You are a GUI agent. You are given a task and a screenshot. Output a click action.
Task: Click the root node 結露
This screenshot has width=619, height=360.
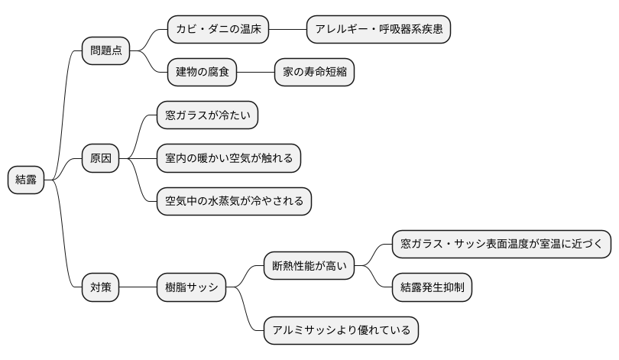coord(26,180)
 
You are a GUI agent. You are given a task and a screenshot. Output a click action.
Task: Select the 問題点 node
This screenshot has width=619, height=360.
coord(105,51)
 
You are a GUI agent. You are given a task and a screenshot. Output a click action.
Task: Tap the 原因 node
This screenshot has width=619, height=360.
coord(100,158)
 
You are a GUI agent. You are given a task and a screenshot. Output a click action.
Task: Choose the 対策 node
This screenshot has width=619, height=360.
coord(100,288)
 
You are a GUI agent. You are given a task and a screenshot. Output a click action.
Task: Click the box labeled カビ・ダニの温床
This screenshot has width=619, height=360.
coord(218,30)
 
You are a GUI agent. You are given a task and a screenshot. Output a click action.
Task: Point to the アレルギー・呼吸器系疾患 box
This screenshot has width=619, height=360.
coord(378,30)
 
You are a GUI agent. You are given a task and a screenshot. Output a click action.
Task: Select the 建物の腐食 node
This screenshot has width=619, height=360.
coord(202,73)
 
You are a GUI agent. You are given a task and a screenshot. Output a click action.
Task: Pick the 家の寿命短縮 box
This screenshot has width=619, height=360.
coord(314,73)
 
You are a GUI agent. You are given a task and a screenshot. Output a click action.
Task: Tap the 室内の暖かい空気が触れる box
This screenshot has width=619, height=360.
coord(228,158)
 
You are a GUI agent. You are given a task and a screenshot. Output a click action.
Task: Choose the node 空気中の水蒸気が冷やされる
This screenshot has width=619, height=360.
coord(234,201)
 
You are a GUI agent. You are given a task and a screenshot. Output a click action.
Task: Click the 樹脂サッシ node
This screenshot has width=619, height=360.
coord(191,288)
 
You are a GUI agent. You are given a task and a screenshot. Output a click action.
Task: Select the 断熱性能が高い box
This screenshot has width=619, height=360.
coord(309,267)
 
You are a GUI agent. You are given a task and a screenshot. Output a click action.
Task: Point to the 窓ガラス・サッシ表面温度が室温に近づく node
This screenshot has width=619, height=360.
coord(501,245)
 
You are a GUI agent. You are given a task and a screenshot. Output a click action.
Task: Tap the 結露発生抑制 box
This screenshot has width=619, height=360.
coord(432,288)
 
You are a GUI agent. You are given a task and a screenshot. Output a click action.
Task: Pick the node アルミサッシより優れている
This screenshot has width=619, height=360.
coord(341,331)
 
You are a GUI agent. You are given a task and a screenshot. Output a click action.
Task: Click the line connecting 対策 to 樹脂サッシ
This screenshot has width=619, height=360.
coord(138,288)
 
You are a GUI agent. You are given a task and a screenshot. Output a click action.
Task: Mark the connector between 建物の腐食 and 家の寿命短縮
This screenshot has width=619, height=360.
coord(255,73)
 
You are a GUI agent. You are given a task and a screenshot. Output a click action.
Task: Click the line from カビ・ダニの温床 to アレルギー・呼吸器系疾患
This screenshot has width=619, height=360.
coord(287,30)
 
